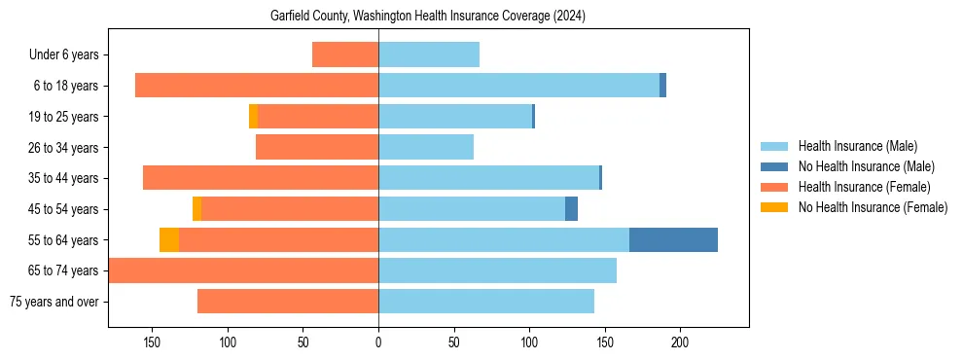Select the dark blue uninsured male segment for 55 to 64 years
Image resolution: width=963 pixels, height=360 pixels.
point(673,239)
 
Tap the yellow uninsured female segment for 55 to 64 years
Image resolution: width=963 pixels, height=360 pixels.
point(169,239)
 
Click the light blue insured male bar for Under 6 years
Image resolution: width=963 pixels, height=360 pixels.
point(429,54)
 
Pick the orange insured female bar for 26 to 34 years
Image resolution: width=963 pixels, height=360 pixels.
point(317,147)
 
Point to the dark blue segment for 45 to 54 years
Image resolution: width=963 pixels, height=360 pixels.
point(571,208)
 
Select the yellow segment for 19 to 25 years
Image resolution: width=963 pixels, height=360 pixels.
point(253,116)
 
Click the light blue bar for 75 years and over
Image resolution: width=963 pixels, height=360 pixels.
point(486,301)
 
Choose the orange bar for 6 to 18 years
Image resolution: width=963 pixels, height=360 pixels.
point(257,86)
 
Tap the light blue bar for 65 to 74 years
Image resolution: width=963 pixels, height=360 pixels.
point(497,270)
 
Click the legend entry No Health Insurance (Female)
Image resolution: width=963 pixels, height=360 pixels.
point(873,207)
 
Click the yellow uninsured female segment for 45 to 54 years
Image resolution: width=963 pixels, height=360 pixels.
point(196,208)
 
